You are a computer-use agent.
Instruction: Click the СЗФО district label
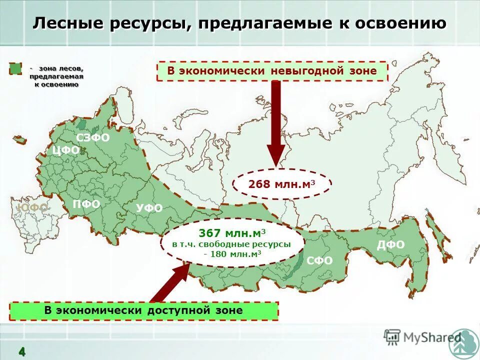[92, 137]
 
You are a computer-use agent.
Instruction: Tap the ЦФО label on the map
[65, 150]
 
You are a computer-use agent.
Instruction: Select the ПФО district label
[86, 204]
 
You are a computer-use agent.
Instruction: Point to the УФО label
[149, 208]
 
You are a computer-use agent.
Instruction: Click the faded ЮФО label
[32, 207]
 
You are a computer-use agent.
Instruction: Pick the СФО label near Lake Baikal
[319, 260]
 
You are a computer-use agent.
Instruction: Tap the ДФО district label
[390, 244]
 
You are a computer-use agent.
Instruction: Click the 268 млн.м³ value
[282, 184]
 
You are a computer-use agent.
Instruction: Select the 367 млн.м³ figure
[232, 233]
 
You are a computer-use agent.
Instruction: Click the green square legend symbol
[16, 68]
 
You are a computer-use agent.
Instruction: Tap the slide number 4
[22, 351]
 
